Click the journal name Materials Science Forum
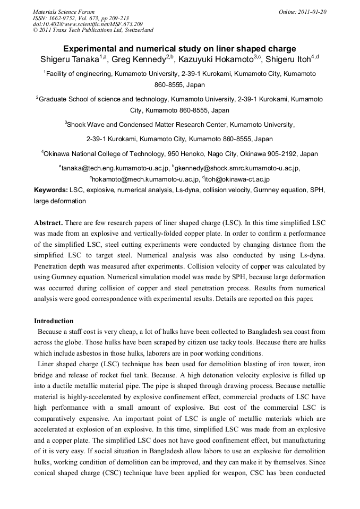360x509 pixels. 64,12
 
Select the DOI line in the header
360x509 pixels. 88,24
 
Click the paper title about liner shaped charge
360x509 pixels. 179,48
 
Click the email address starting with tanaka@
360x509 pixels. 114,168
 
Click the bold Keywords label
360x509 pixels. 50,190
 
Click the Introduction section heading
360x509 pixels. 54,321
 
